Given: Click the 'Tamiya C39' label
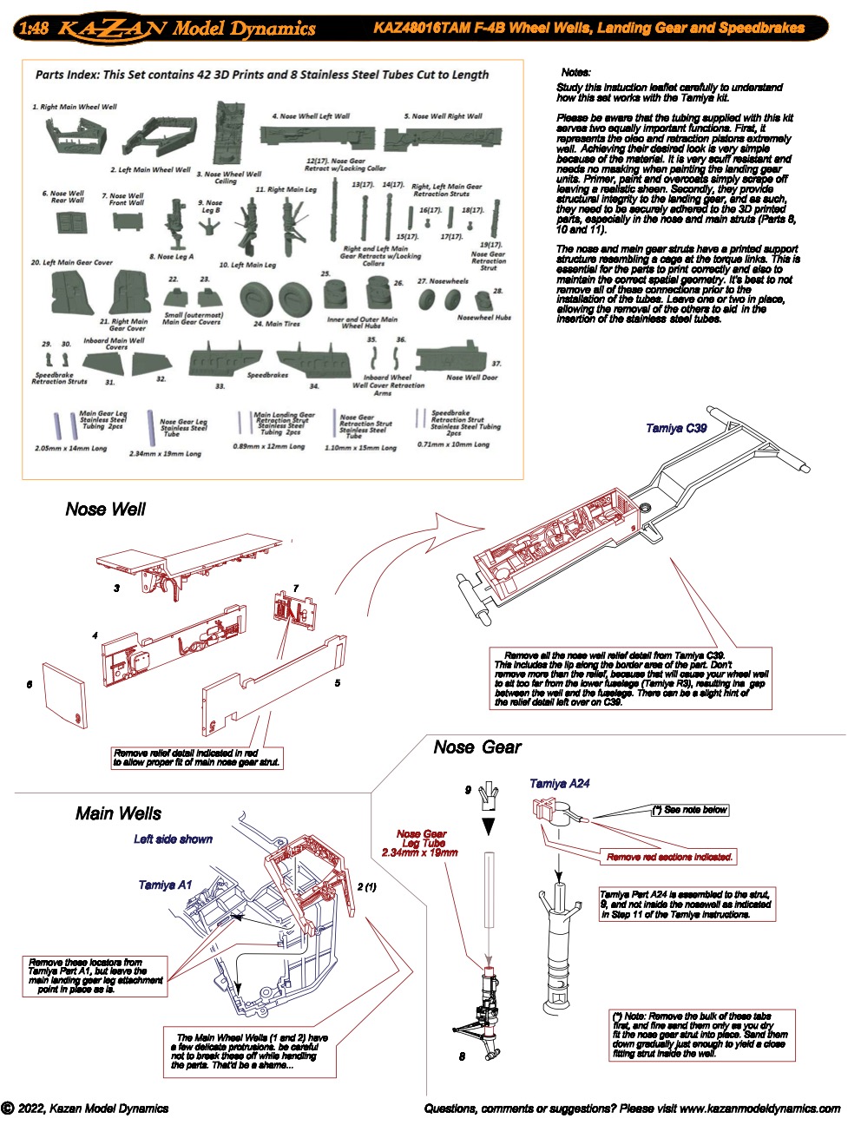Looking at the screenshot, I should tap(676, 428).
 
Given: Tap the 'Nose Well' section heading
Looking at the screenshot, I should tap(105, 510).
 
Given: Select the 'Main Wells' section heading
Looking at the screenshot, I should tap(118, 813).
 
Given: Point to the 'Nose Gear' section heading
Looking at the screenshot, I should tap(477, 747).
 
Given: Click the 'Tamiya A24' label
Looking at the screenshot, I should tap(559, 784).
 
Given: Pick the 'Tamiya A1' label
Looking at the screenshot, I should tap(165, 885).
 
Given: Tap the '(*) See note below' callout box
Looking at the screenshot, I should tap(690, 810).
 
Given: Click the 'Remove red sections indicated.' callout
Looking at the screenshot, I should tap(669, 857).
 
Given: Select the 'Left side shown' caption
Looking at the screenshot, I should tap(173, 839).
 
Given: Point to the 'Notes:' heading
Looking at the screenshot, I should tap(575, 73).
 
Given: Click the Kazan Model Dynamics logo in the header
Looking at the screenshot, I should tap(186, 29).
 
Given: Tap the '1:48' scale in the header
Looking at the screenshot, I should tap(33, 29).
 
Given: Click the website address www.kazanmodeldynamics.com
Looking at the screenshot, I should tap(759, 1109).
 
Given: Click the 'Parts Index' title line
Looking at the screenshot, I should tap(261, 75).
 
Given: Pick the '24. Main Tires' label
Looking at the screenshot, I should tap(276, 324).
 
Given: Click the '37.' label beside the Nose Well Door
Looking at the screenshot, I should tap(496, 364).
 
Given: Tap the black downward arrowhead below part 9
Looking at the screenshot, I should tap(489, 826).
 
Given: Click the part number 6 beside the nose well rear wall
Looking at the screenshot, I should tap(30, 685).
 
